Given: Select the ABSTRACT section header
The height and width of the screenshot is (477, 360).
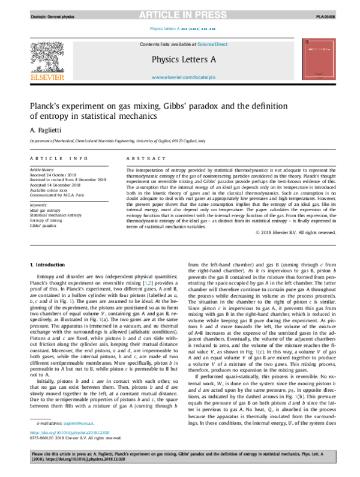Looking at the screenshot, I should [145, 158].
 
